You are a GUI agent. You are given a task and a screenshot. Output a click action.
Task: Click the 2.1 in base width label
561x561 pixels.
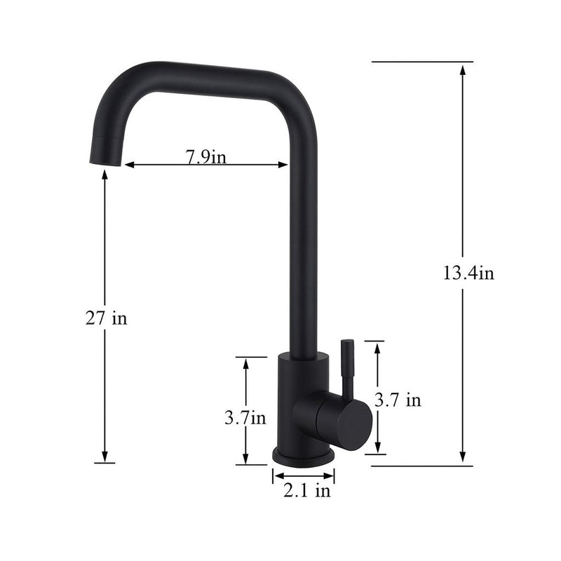point(306,491)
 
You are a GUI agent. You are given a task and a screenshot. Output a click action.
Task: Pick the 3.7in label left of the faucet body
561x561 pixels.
point(245,418)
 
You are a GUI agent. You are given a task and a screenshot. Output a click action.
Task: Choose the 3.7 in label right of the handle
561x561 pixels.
point(398,400)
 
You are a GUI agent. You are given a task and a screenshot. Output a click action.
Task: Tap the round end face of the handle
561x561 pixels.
point(353,424)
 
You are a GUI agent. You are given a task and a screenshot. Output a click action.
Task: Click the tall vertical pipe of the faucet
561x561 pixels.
point(302,245)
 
